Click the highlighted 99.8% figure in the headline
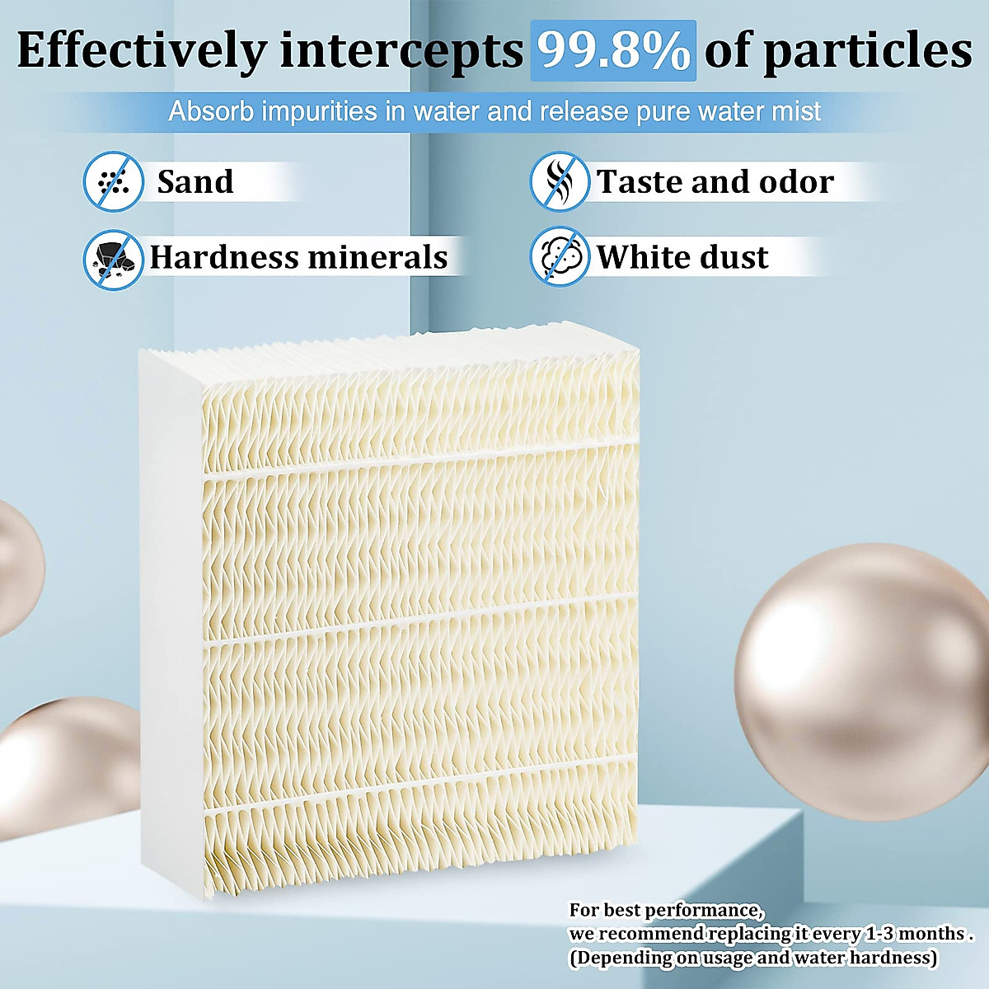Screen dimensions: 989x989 pos(614,51)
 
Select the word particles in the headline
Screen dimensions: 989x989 pos(867,51)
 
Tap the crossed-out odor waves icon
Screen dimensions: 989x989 pos(559,181)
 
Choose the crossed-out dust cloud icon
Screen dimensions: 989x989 pos(559,257)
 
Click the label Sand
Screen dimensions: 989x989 pos(195,182)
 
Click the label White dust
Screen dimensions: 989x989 pos(682,257)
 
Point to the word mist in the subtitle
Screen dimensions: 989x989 pos(797,111)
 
